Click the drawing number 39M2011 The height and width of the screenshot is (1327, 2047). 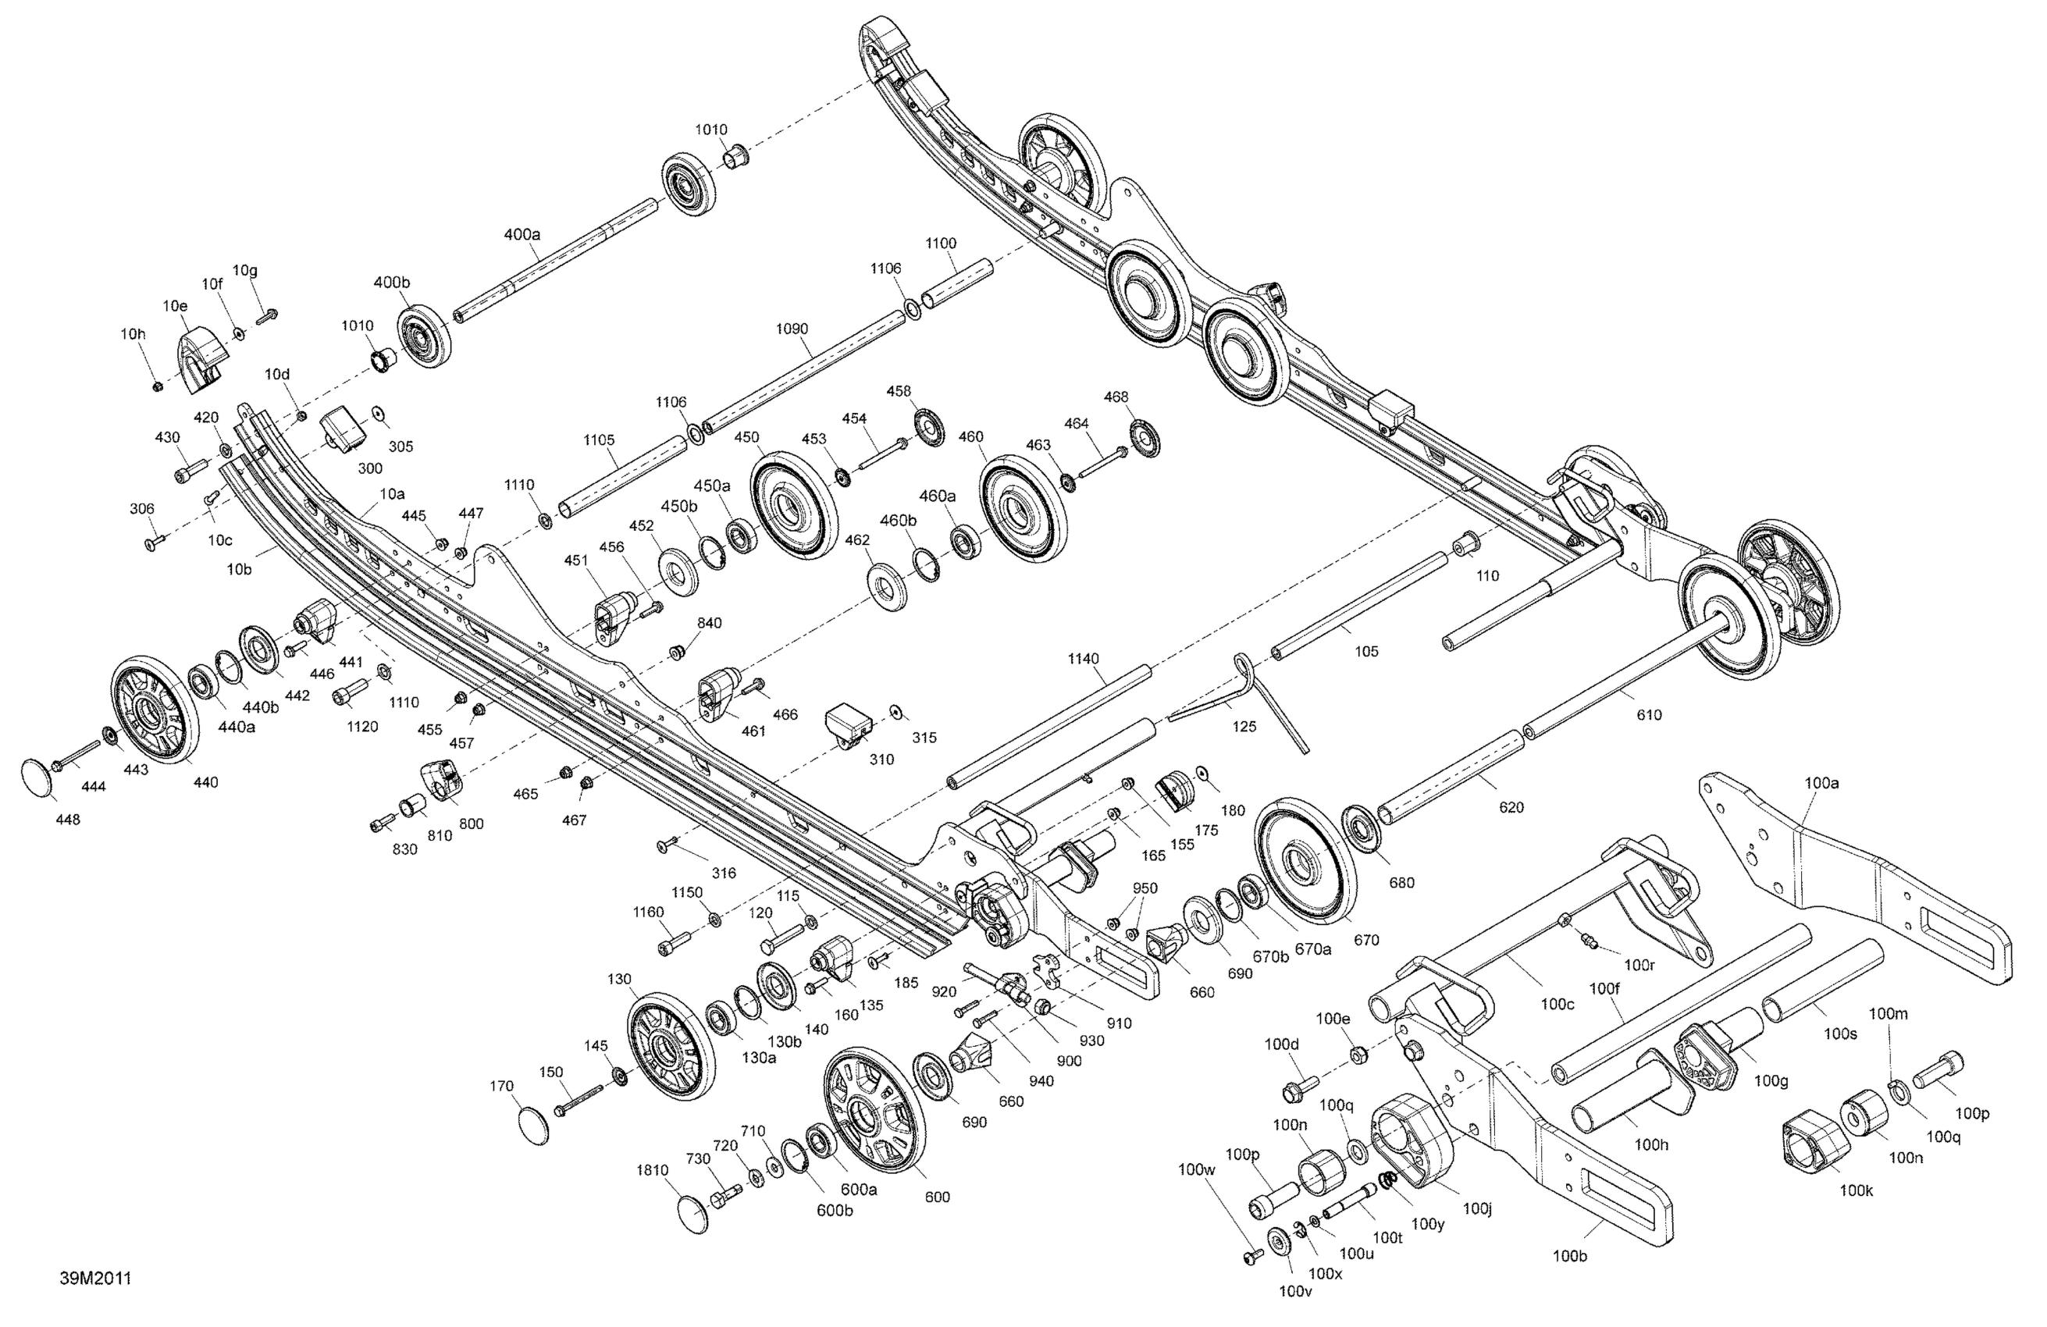95,1278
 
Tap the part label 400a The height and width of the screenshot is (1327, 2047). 522,234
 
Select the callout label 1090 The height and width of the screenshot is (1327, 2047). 792,329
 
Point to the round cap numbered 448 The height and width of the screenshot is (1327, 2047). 35,777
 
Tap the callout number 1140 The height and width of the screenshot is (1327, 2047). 1083,659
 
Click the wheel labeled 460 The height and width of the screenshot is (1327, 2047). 1022,510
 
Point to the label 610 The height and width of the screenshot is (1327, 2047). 1648,715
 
